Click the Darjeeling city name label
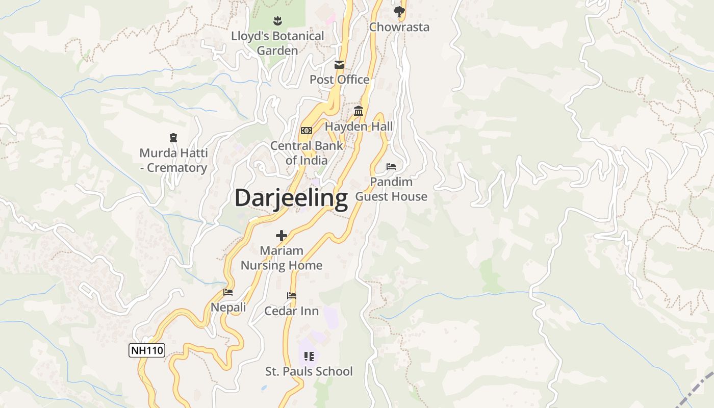point(291,198)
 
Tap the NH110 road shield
point(147,350)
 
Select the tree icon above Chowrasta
point(399,11)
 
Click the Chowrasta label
point(399,27)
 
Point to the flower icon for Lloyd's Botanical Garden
point(277,21)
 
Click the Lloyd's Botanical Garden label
point(277,43)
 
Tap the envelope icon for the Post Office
point(339,65)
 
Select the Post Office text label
point(340,80)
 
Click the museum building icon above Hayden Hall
point(359,111)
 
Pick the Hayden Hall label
point(359,126)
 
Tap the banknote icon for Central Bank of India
point(307,131)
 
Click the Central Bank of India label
point(307,152)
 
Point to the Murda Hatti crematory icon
point(173,138)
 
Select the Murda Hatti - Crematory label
point(173,160)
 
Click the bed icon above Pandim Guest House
point(391,167)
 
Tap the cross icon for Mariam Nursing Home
point(282,236)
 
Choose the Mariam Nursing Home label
point(282,258)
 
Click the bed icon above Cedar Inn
point(292,296)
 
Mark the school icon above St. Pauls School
point(309,356)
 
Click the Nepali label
point(228,308)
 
